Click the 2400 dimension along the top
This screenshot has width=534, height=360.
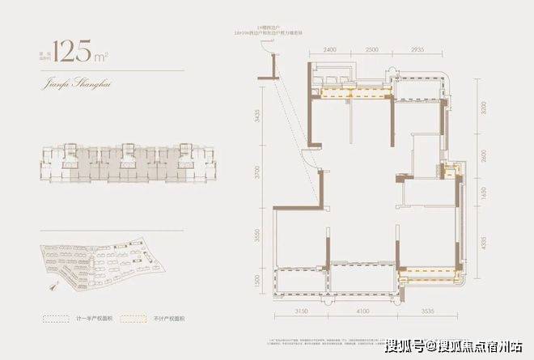pyautogui.click(x=327, y=49)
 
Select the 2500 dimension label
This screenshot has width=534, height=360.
pyautogui.click(x=372, y=49)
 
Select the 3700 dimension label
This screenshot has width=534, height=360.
pyautogui.click(x=256, y=173)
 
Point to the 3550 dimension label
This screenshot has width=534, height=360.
pyautogui.click(x=256, y=235)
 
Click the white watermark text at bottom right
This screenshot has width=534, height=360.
pyautogui.click(x=461, y=347)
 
